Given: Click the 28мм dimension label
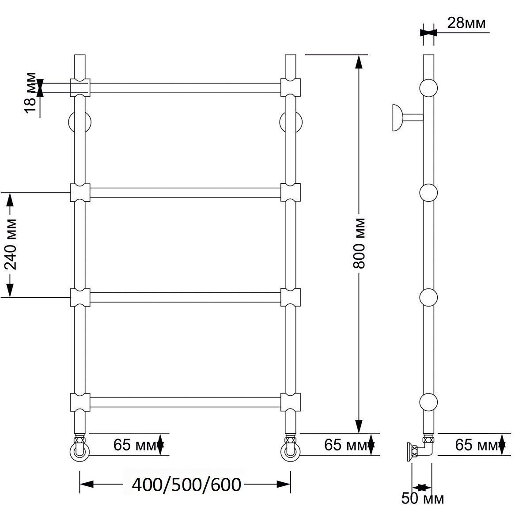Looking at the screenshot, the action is coord(466,23).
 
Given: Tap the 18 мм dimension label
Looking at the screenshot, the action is coord(30,93).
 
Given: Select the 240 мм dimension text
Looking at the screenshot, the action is coord(10,244).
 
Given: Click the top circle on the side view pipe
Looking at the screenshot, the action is coord(428,88).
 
